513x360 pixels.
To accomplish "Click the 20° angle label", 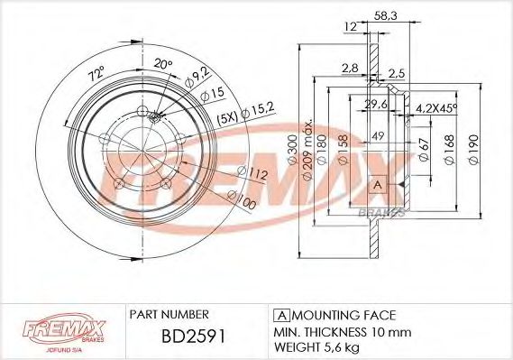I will (x=162, y=63).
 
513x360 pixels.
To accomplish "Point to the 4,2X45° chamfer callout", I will (x=436, y=107).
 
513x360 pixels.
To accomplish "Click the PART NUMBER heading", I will (x=169, y=314).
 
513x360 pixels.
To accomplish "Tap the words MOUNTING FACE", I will (x=344, y=314).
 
